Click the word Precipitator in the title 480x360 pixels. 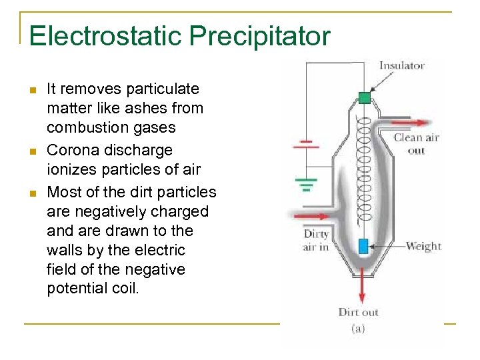coord(259,36)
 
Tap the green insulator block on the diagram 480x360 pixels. coord(364,97)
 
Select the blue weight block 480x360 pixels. coord(363,246)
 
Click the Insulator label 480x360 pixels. coord(401,65)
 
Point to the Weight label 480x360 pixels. coord(423,246)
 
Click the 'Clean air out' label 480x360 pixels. coord(416,144)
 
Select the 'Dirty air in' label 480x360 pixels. coord(316,240)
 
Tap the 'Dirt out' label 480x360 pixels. coord(359,311)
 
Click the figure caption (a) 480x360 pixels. coord(359,328)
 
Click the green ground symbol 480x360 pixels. coord(305,183)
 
